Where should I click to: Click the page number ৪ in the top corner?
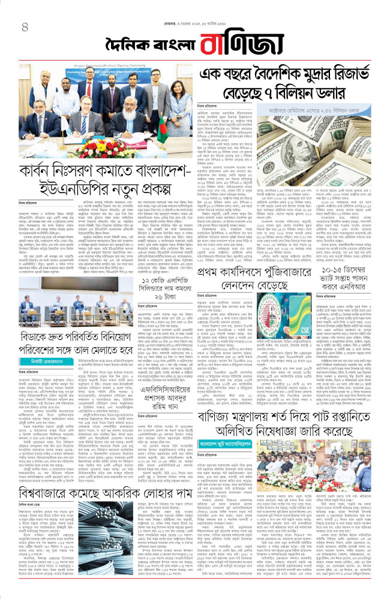(25, 26)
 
